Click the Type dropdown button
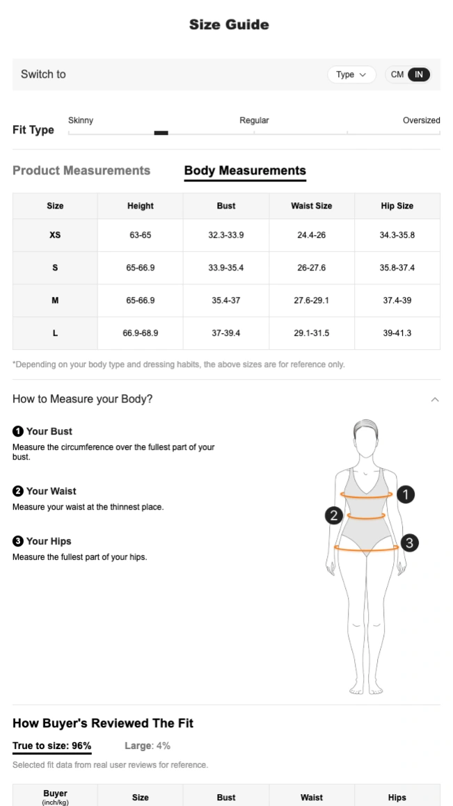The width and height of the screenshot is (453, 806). click(351, 75)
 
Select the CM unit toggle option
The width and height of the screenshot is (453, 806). click(397, 75)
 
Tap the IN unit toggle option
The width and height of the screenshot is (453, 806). click(419, 75)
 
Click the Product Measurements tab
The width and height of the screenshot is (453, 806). click(81, 170)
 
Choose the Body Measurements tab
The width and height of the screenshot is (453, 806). click(245, 170)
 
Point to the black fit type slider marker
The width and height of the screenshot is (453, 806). click(161, 133)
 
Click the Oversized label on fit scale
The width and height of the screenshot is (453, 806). click(421, 120)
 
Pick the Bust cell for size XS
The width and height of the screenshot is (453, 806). click(226, 235)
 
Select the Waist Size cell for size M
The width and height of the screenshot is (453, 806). click(312, 300)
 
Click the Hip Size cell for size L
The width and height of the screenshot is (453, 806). click(397, 333)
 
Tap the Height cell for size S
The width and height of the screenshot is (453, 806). click(141, 268)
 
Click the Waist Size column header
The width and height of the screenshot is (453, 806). click(312, 206)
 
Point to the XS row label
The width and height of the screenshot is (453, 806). click(55, 235)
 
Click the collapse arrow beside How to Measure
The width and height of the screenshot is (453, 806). click(435, 400)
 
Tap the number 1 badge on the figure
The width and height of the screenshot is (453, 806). click(405, 494)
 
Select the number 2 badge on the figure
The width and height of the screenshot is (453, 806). click(334, 515)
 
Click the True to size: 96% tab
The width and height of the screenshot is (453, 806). click(52, 746)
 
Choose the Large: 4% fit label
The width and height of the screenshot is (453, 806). click(148, 746)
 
